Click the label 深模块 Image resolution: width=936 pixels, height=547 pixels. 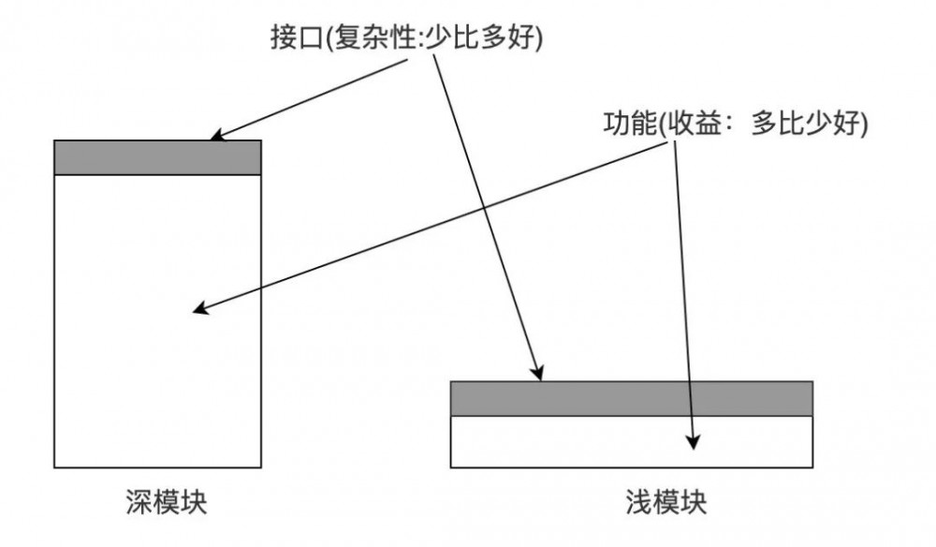tap(167, 502)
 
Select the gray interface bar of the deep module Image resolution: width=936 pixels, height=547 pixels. tap(157, 157)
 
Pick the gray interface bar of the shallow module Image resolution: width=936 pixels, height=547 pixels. tap(631, 398)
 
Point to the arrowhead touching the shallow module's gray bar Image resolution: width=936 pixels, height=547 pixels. tap(538, 376)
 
